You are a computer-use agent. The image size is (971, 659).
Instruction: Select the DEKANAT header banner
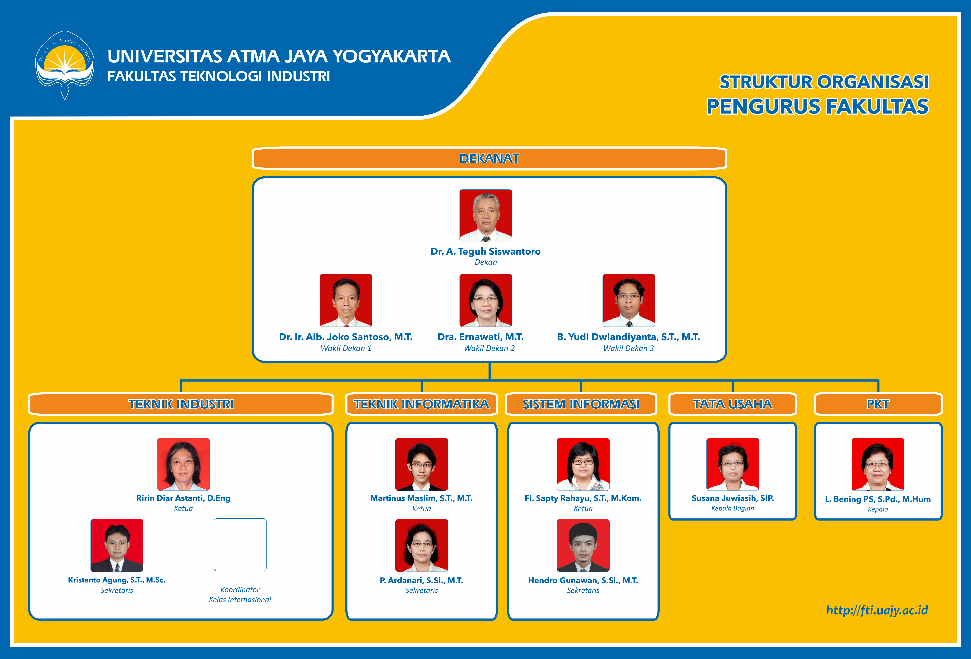point(489,159)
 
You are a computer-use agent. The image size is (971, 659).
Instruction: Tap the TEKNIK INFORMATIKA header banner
point(422,404)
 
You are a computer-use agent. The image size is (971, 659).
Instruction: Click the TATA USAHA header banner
point(732,404)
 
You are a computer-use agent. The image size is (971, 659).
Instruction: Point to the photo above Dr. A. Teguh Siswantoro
point(485,215)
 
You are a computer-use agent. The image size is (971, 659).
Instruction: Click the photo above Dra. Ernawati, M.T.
point(485,300)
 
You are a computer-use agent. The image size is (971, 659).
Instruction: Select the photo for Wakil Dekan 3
point(628,300)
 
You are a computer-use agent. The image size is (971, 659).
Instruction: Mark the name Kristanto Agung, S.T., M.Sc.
point(117,580)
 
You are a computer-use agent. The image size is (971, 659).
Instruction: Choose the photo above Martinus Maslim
point(422,464)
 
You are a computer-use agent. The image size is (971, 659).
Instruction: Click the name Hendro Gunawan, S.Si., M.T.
point(583,581)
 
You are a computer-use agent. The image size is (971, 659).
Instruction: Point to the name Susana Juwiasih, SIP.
point(732,498)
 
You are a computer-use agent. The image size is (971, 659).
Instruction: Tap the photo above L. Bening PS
point(878,464)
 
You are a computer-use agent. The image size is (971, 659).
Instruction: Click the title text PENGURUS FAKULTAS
point(817,106)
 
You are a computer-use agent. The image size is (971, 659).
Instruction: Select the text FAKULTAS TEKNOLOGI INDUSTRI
point(219,76)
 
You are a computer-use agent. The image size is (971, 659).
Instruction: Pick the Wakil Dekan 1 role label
point(346,348)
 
